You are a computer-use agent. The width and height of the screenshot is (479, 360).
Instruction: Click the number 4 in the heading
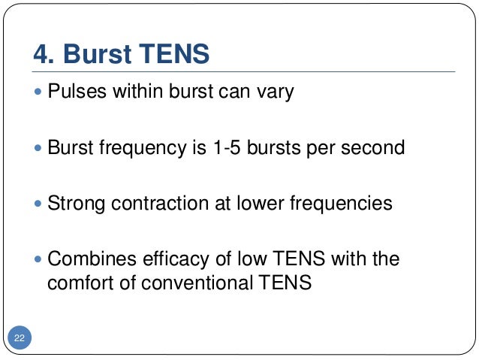tap(43, 55)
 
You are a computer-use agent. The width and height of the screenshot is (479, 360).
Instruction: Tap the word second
tap(373, 147)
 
